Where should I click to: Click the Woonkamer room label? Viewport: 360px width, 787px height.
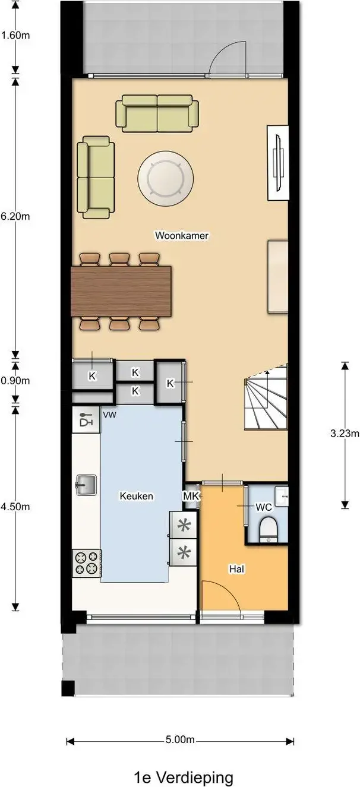[182, 235]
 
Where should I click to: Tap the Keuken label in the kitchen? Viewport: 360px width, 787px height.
[137, 496]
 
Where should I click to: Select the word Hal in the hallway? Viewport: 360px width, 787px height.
[236, 569]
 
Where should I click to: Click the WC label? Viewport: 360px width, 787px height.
[264, 507]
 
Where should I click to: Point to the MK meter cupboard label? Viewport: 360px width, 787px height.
[191, 496]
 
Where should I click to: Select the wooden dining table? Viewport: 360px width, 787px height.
[121, 292]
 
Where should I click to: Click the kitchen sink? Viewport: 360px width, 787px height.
[86, 485]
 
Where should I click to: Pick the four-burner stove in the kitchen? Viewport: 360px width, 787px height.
[87, 563]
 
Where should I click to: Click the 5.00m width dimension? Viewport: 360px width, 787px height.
[180, 739]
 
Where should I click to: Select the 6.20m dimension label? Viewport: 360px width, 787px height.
[15, 216]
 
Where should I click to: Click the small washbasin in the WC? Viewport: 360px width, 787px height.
[282, 496]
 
